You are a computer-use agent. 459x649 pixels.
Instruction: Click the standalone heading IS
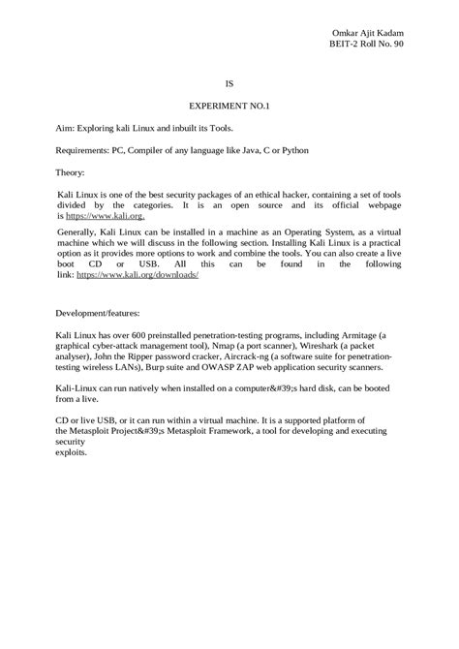pos(229,83)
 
